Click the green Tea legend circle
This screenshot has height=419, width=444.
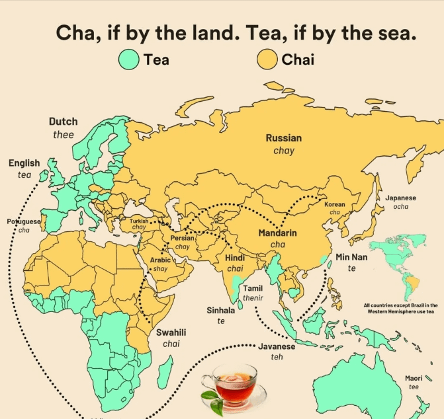[129, 60]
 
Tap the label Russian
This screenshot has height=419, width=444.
[284, 138]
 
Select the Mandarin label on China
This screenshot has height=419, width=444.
[277, 233]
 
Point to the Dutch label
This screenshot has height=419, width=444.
[63, 122]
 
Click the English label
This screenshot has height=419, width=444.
[24, 163]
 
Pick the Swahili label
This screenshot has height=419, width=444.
[171, 332]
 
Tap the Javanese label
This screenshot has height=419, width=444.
[277, 346]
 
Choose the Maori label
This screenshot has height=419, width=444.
[414, 378]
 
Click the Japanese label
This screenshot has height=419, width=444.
[400, 198]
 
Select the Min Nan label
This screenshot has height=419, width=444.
[351, 257]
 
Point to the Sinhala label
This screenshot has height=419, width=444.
[221, 310]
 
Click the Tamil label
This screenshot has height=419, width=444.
[253, 288]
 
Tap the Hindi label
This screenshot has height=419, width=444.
[235, 258]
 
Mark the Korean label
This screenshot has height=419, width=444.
[335, 205]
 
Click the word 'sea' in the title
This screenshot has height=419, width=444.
[398, 32]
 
